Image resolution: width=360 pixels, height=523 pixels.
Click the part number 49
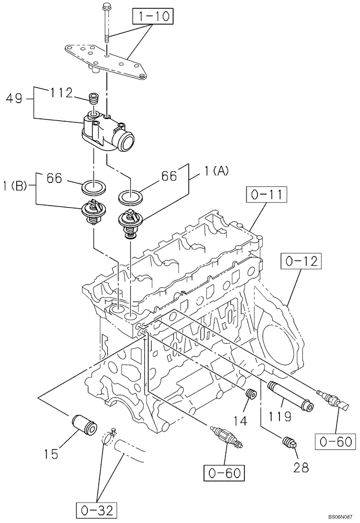[x=15, y=97]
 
